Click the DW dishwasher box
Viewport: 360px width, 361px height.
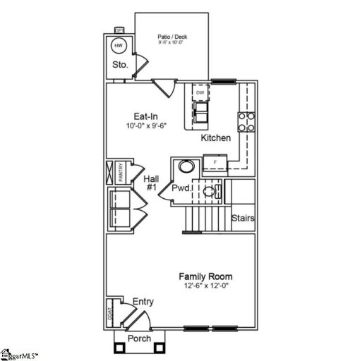click(x=200, y=93)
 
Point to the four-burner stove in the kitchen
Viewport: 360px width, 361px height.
click(x=246, y=122)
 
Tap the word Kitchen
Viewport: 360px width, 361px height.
click(x=215, y=137)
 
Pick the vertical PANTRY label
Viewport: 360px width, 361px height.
click(x=121, y=173)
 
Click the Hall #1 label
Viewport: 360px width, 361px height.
click(x=150, y=184)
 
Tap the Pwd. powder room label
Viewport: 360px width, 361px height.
click(x=181, y=189)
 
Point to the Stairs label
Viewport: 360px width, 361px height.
click(x=243, y=218)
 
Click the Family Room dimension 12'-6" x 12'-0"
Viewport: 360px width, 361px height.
click(x=205, y=287)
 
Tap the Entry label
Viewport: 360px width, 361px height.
click(x=143, y=302)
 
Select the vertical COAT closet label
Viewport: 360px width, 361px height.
click(x=110, y=313)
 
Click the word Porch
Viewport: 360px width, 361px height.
click(x=138, y=339)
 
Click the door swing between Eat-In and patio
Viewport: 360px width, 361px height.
click(x=164, y=89)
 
